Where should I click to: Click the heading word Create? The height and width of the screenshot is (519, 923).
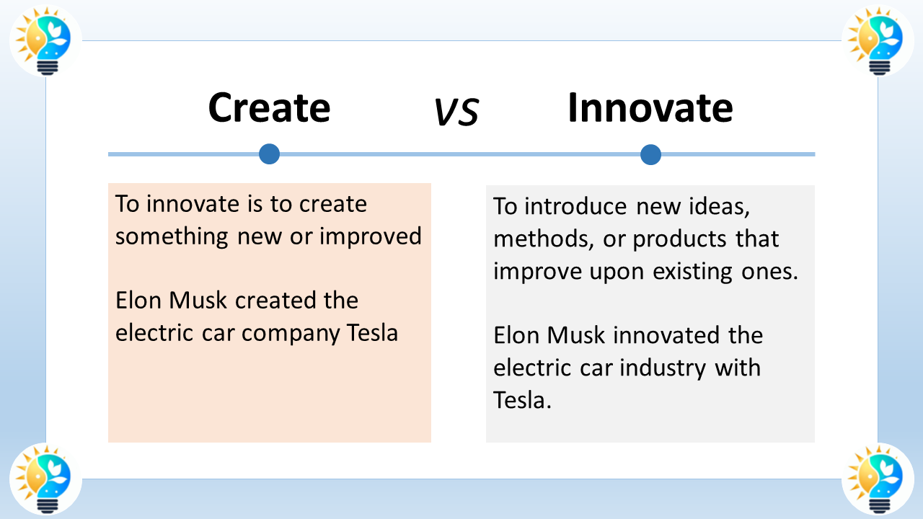[269, 108]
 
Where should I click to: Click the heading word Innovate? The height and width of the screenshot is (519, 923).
[650, 108]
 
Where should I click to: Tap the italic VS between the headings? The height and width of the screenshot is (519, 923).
[456, 112]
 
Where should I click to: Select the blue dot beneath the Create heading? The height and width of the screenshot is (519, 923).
[269, 154]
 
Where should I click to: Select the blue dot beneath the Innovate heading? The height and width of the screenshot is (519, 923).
[650, 154]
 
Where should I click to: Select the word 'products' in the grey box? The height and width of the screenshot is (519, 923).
[677, 239]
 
